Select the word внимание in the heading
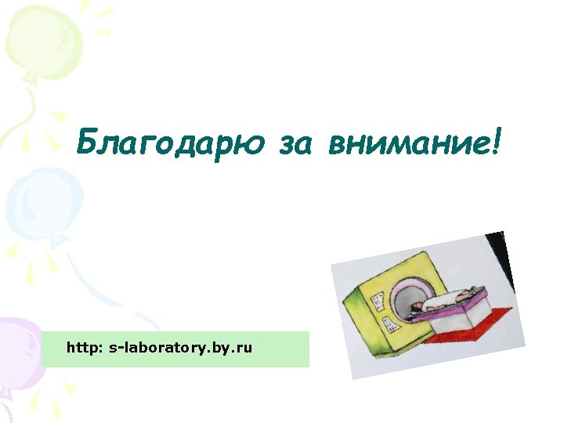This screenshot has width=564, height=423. click(407, 143)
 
